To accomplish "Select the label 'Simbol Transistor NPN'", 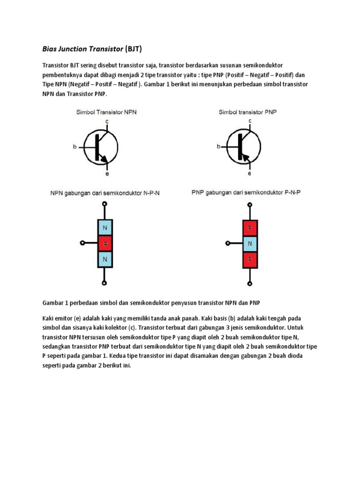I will (106, 112).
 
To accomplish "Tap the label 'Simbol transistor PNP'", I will (247, 112).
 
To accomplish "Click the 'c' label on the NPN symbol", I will (107, 121).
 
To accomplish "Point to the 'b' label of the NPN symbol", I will (75, 147).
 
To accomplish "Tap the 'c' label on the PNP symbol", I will (249, 121).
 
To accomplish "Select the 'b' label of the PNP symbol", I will (218, 147).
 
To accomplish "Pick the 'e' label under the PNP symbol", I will (249, 173).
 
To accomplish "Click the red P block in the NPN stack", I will (105, 243).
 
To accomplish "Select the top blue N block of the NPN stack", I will (105, 227).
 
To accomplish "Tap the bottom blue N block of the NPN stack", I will (105, 259).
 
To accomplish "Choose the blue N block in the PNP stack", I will (250, 243).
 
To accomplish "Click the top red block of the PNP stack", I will (250, 227).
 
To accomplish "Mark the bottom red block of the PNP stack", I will (250, 259).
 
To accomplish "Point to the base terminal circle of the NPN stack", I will (82, 243).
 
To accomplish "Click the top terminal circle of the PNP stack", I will (250, 204).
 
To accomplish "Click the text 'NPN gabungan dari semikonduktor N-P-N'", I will (105, 193).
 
